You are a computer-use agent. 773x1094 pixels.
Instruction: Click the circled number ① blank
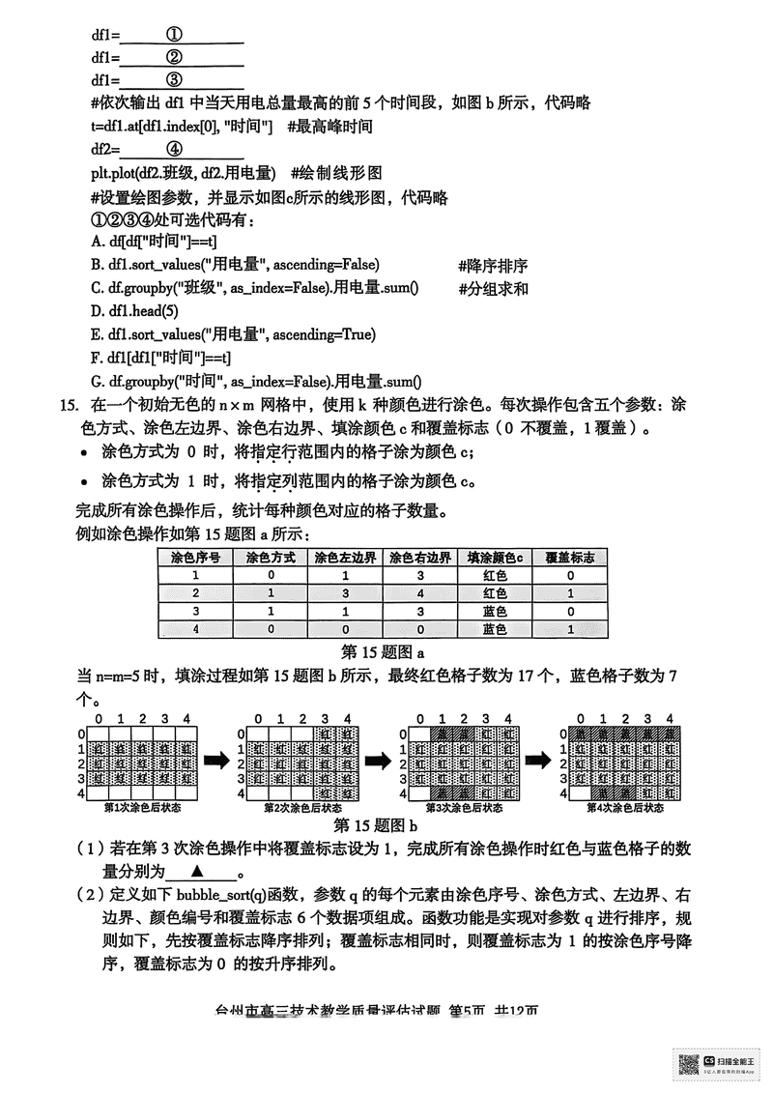(x=175, y=35)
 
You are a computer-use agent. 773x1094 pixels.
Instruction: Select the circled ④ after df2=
(x=175, y=149)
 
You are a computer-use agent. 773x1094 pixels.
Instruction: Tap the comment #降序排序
(x=493, y=266)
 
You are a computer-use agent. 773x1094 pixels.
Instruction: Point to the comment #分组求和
(x=493, y=288)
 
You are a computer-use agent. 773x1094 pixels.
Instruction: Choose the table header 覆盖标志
(x=570, y=558)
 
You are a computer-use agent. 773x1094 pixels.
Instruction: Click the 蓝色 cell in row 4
(x=495, y=629)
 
